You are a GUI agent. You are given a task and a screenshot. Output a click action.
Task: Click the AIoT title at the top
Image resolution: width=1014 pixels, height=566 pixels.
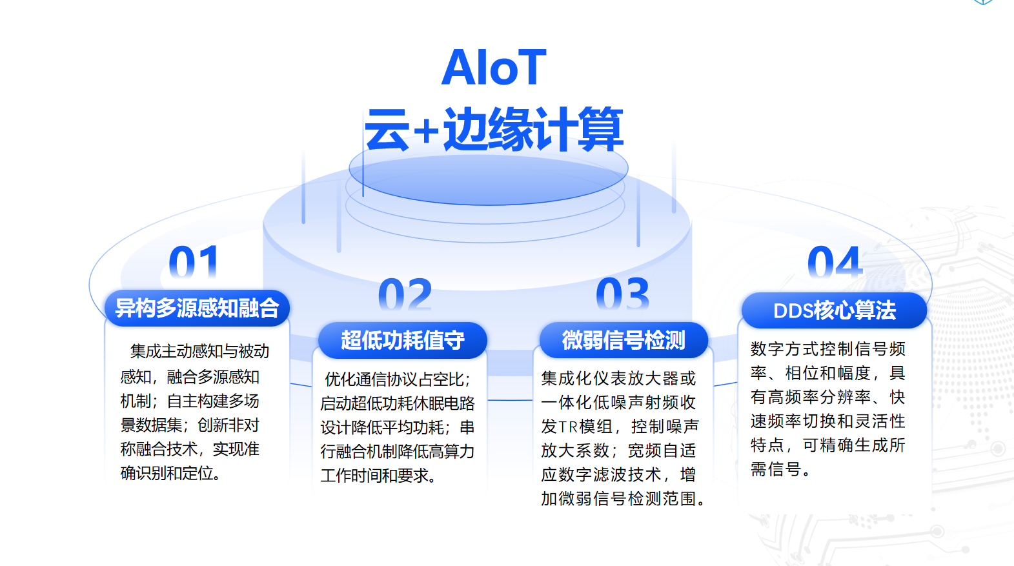tap(494, 67)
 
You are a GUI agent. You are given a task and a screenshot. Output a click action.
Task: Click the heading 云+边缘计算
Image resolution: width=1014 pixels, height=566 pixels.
tap(494, 129)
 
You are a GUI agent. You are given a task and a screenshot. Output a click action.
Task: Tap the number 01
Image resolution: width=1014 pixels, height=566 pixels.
tap(193, 263)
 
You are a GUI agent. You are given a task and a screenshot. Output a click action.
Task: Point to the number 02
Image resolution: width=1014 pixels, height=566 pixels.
tap(405, 296)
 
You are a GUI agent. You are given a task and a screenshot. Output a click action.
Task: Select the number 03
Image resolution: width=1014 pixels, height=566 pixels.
tap(622, 294)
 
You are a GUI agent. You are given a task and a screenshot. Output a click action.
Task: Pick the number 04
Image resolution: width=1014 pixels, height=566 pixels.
tap(835, 263)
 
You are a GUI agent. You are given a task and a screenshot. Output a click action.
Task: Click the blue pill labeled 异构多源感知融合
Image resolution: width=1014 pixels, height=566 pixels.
tap(197, 308)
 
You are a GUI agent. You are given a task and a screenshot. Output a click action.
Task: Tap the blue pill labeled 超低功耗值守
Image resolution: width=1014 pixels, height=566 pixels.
tap(402, 340)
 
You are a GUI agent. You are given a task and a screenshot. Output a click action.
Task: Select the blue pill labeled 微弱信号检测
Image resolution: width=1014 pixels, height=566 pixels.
tap(624, 340)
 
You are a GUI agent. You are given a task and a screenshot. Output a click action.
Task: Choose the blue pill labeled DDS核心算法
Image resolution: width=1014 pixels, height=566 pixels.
tap(834, 310)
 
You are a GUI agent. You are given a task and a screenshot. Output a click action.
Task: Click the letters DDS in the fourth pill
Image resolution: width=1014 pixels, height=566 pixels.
tap(793, 311)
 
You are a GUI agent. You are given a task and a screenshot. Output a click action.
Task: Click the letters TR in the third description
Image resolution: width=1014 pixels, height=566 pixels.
tap(568, 427)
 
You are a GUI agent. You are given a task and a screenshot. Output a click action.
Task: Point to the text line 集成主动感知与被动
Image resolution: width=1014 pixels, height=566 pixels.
tap(199, 351)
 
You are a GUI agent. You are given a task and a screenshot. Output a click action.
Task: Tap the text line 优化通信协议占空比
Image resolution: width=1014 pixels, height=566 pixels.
tap(398, 379)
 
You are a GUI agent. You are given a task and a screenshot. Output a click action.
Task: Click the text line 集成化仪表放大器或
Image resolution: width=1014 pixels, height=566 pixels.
tap(618, 378)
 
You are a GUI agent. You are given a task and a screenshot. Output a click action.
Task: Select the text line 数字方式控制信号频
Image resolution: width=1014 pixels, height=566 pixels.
tap(827, 349)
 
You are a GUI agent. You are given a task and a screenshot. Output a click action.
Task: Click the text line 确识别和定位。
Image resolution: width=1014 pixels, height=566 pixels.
tap(172, 473)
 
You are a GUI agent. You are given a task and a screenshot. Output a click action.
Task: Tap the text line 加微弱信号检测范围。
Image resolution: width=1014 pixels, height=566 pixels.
tap(624, 499)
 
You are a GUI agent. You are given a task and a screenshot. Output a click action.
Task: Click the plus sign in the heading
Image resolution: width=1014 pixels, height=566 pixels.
tap(426, 132)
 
